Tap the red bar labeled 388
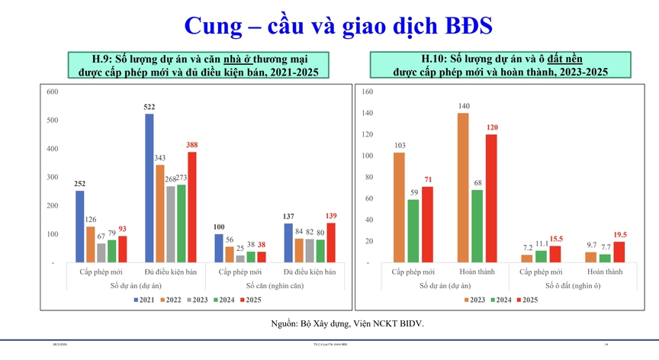point(192,207)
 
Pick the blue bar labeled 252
point(80,227)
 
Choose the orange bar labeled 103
point(399,207)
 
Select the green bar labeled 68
point(477,226)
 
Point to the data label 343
point(160,159)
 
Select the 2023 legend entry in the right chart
point(474,298)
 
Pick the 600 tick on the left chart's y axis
point(53,92)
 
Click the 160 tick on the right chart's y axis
point(367,92)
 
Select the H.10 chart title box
point(500,65)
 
